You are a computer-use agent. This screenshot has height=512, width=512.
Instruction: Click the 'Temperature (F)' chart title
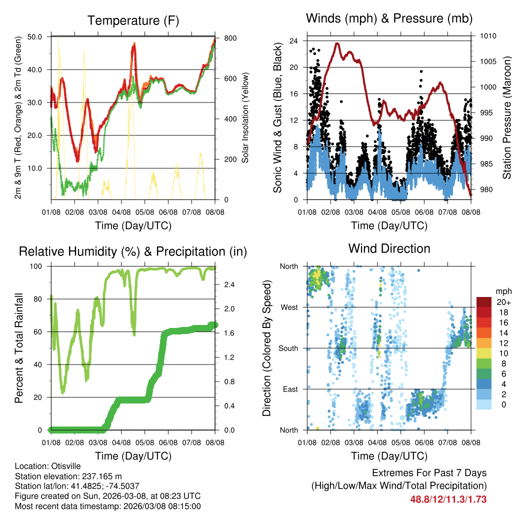[x=133, y=20]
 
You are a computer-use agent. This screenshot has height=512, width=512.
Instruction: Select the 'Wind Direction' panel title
[x=389, y=248]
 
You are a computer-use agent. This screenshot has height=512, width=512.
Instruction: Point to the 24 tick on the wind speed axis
[x=293, y=40]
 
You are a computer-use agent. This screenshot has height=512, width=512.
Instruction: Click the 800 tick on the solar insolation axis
[x=226, y=38]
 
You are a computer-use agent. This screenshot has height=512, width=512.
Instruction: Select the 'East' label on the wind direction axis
[x=289, y=389]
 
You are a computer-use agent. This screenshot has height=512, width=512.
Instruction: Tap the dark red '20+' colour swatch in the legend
[x=484, y=302]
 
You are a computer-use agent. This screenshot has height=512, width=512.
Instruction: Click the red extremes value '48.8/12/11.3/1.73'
[x=448, y=499]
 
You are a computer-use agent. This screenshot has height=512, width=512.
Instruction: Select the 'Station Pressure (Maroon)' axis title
[x=506, y=118]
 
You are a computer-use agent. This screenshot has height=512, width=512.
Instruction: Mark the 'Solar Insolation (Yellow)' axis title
[x=245, y=118]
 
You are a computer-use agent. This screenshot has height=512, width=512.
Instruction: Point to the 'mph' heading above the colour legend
[x=502, y=291]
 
